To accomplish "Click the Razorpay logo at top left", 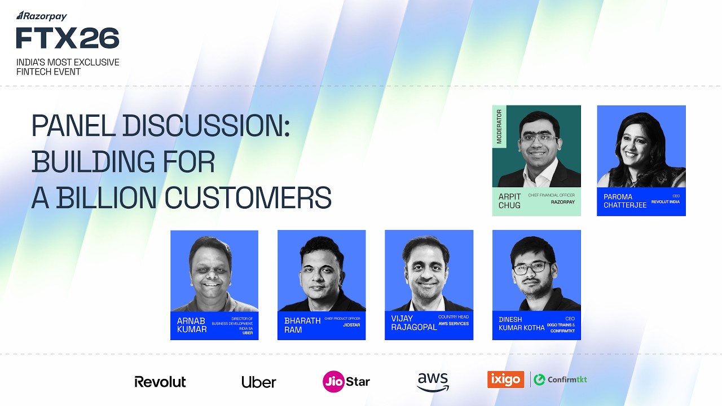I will click(42, 16).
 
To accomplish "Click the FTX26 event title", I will click(68, 38).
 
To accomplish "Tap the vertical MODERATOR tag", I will click(499, 127).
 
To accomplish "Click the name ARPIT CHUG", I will click(510, 201).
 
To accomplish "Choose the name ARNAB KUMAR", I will click(192, 325).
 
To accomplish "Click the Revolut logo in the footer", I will click(160, 382).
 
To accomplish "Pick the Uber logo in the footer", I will click(259, 382).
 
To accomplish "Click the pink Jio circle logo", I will click(333, 381).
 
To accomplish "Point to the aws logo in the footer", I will click(433, 381).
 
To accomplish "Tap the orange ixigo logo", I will click(505, 379).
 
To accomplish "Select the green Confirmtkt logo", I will click(560, 379).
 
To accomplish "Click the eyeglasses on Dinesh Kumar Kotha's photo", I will click(532, 268).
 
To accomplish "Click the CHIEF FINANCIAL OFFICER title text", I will click(551, 195).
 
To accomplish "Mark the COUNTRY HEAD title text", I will click(454, 317).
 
